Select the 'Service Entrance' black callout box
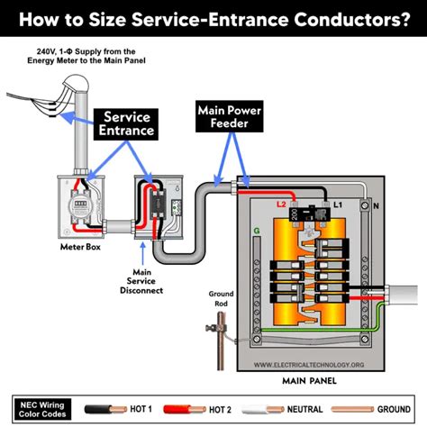128,123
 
